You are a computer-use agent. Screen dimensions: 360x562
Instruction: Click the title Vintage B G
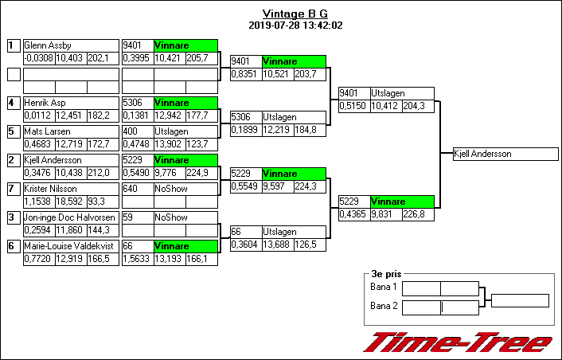click(x=295, y=14)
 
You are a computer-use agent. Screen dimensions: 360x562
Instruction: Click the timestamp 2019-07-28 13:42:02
click(x=295, y=25)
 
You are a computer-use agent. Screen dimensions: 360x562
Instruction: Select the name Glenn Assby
click(x=48, y=45)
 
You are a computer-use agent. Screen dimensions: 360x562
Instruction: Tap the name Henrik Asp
click(x=44, y=103)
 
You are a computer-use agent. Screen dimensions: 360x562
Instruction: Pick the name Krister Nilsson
click(x=50, y=189)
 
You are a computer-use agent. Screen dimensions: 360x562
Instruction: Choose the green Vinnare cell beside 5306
click(x=185, y=103)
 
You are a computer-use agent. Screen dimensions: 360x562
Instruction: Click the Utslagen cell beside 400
click(x=185, y=131)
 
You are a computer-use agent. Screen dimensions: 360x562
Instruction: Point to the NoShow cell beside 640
click(x=185, y=189)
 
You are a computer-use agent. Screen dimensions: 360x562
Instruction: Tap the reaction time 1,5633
click(x=136, y=259)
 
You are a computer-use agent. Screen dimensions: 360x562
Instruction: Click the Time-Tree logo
click(x=459, y=342)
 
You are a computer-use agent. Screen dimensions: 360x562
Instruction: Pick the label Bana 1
click(x=384, y=287)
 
